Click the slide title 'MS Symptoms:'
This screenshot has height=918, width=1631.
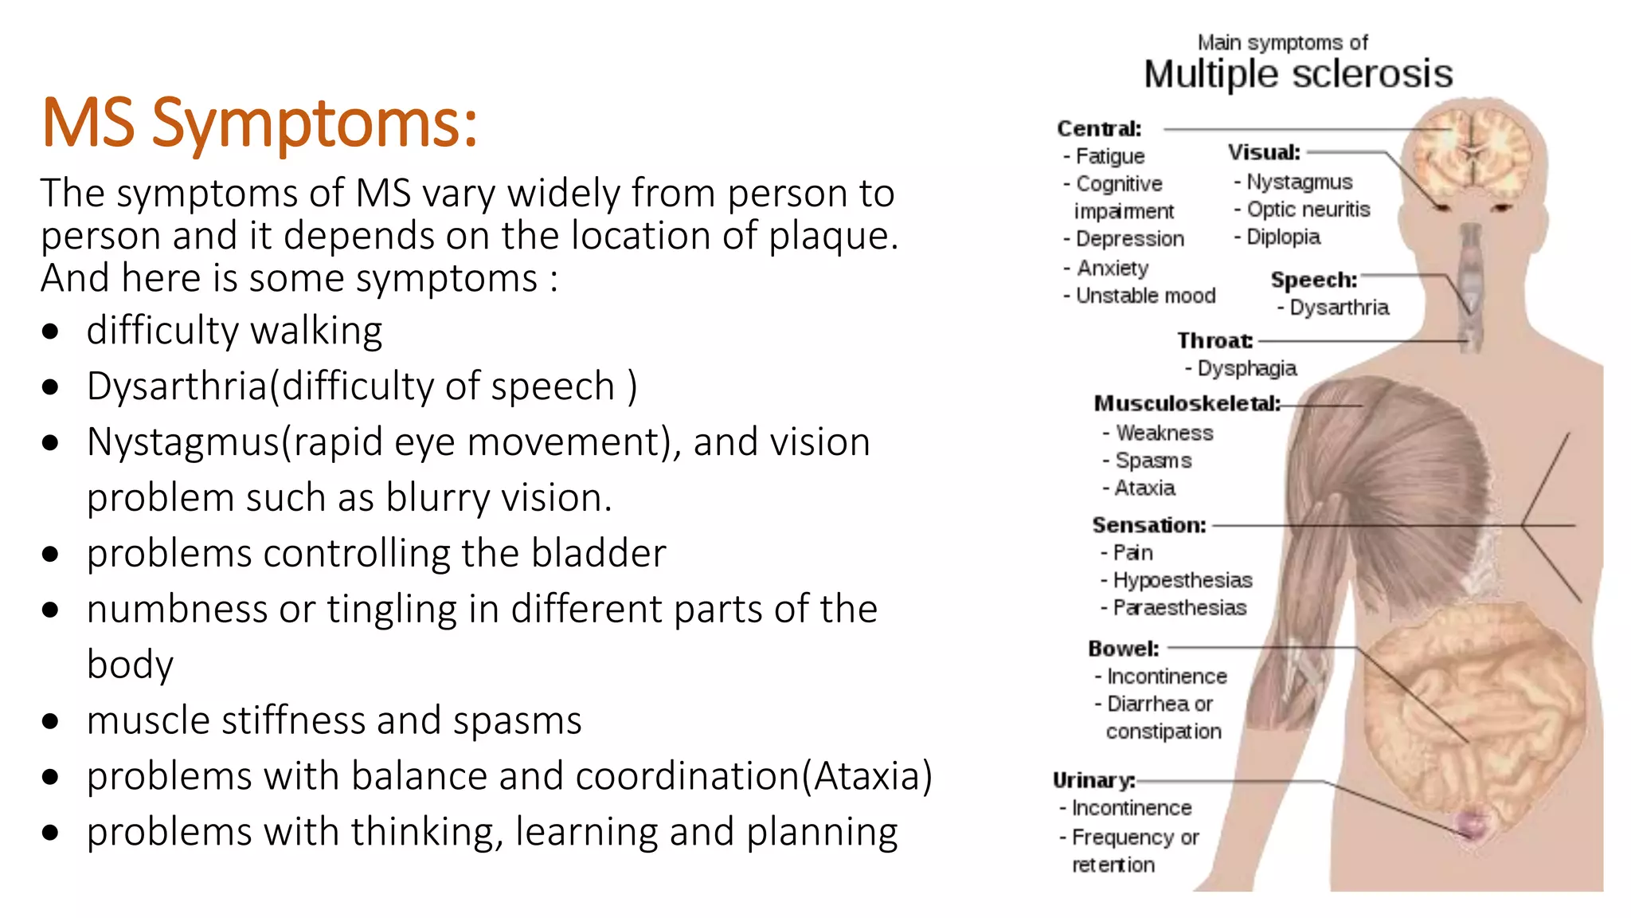(259, 124)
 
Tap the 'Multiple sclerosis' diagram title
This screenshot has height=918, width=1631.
(1297, 75)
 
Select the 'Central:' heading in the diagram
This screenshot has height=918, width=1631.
(1099, 129)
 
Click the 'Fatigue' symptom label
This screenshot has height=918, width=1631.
(1109, 156)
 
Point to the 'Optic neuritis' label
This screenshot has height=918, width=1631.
(1308, 210)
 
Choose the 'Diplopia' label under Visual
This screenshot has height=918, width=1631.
(1283, 237)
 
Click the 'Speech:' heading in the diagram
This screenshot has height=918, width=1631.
(1313, 280)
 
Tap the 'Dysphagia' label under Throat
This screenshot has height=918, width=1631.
(1246, 368)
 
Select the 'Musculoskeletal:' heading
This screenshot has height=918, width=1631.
(1187, 404)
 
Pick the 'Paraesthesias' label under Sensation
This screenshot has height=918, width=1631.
(1179, 608)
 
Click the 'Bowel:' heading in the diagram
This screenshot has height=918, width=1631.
(1123, 649)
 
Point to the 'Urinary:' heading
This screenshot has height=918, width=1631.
(1093, 780)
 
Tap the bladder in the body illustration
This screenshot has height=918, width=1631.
(1472, 823)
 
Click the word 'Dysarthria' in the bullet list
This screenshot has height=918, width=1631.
(177, 386)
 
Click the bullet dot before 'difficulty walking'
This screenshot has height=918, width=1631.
(51, 331)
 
